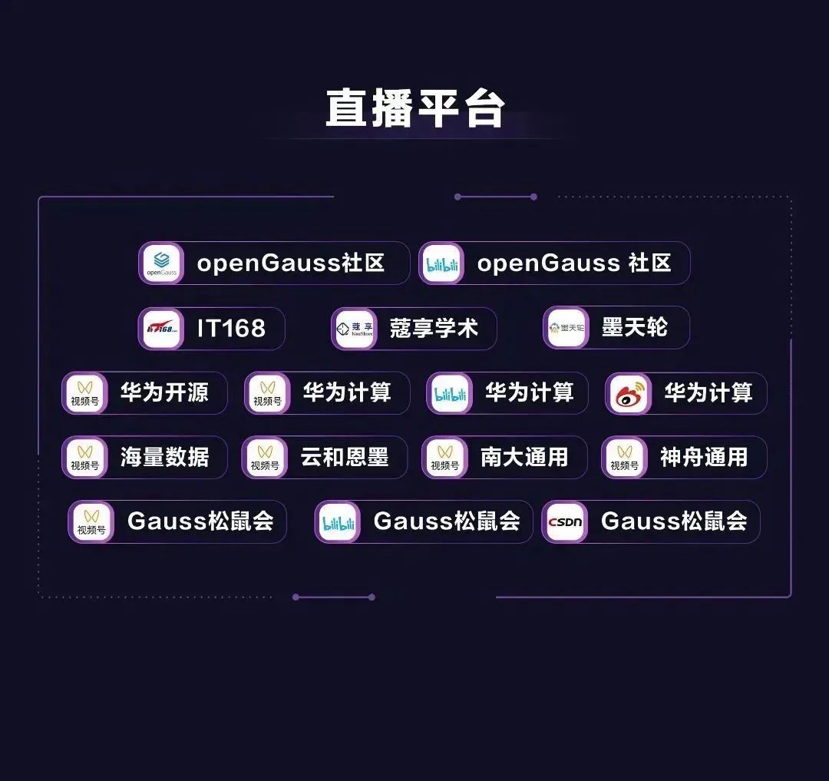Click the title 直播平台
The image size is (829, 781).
414,108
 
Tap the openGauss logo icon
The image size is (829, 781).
161,263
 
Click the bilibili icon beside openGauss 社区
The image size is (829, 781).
442,263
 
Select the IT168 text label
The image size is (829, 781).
231,329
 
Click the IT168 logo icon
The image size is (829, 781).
161,329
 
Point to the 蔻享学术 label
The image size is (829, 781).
434,329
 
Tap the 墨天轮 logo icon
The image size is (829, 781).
566,329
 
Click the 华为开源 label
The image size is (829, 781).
164,393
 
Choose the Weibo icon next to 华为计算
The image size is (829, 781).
629,394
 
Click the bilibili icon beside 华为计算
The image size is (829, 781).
450,394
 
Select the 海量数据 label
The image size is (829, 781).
164,458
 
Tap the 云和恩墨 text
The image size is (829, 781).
345,458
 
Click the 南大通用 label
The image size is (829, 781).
524,458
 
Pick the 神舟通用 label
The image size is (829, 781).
704,458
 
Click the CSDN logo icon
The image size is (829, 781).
565,522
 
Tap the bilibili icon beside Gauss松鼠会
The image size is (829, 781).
338,522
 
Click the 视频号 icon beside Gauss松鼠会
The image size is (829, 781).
91,522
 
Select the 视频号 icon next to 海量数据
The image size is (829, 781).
85,458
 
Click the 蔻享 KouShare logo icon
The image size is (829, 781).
355,329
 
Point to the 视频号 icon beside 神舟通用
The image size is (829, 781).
624,458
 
